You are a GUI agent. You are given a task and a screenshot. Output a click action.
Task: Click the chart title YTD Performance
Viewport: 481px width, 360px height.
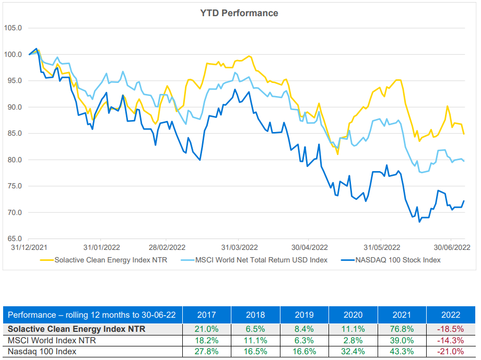pyautogui.click(x=240, y=13)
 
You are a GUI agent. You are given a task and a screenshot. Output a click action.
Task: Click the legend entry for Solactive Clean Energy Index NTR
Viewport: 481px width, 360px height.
pyautogui.click(x=110, y=259)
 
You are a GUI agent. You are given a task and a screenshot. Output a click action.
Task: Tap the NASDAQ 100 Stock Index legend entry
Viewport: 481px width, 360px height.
pyautogui.click(x=396, y=259)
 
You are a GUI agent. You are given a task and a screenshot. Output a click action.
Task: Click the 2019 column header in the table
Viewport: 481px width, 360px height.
pyautogui.click(x=304, y=315)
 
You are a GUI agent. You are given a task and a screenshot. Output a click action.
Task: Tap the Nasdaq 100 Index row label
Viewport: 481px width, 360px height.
pyautogui.click(x=42, y=352)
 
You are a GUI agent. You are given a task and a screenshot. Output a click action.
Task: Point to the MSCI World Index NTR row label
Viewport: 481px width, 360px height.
pyautogui.click(x=52, y=340)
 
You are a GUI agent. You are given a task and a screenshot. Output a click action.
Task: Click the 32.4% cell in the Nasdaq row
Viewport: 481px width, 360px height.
pyautogui.click(x=353, y=352)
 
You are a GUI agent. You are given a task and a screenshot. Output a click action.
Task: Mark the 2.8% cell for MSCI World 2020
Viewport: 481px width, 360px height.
pyautogui.click(x=353, y=340)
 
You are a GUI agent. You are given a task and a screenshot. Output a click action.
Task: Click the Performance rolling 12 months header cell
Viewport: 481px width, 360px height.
pyautogui.click(x=92, y=315)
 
